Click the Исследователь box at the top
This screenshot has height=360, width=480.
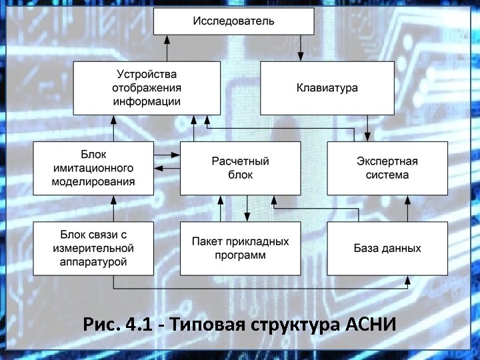[x=233, y=21]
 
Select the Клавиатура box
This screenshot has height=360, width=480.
[x=327, y=88]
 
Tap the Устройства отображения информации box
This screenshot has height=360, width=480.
[x=147, y=88]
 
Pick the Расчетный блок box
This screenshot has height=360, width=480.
[x=240, y=168]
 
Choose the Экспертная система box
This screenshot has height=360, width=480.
[x=387, y=168]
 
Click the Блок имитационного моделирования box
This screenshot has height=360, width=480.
[x=93, y=168]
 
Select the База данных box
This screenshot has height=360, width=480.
[x=387, y=249]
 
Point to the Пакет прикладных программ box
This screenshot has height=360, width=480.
[x=240, y=249]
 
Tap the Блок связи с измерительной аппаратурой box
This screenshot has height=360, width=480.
[x=93, y=249]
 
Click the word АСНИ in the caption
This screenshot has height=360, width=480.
[x=372, y=325]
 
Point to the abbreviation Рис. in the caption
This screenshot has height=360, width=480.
[x=101, y=325]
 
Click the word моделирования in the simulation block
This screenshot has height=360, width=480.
[x=94, y=181]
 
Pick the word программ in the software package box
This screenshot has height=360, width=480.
[x=240, y=255]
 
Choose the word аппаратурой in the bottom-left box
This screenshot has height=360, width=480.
[x=93, y=262]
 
